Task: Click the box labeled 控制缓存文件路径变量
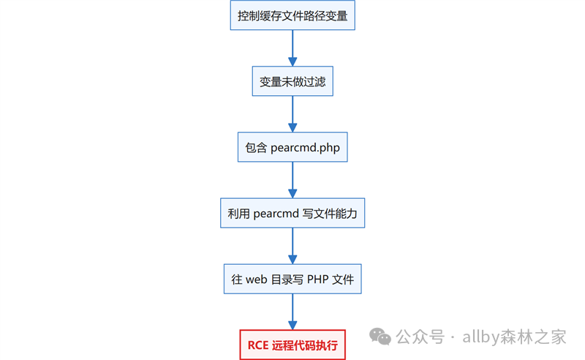(292, 15)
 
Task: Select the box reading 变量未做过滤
(292, 81)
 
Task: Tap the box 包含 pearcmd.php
(292, 147)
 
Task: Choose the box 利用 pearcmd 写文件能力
(292, 213)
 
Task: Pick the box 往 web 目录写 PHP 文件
(292, 279)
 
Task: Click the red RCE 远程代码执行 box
(292, 345)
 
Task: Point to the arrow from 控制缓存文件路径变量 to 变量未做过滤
(292, 48)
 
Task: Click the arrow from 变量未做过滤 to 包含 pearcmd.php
(292, 114)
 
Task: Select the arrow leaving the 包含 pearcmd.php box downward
(292, 180)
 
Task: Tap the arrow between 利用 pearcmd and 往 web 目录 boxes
(292, 246)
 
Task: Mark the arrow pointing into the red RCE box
(292, 312)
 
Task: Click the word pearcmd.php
(305, 148)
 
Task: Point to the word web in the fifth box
(257, 280)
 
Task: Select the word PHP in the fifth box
(317, 280)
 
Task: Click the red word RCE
(258, 345)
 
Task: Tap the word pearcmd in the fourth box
(276, 214)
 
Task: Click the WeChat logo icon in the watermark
(380, 337)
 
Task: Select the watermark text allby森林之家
(514, 337)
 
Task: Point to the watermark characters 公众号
(420, 337)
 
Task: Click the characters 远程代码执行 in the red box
(305, 345)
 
